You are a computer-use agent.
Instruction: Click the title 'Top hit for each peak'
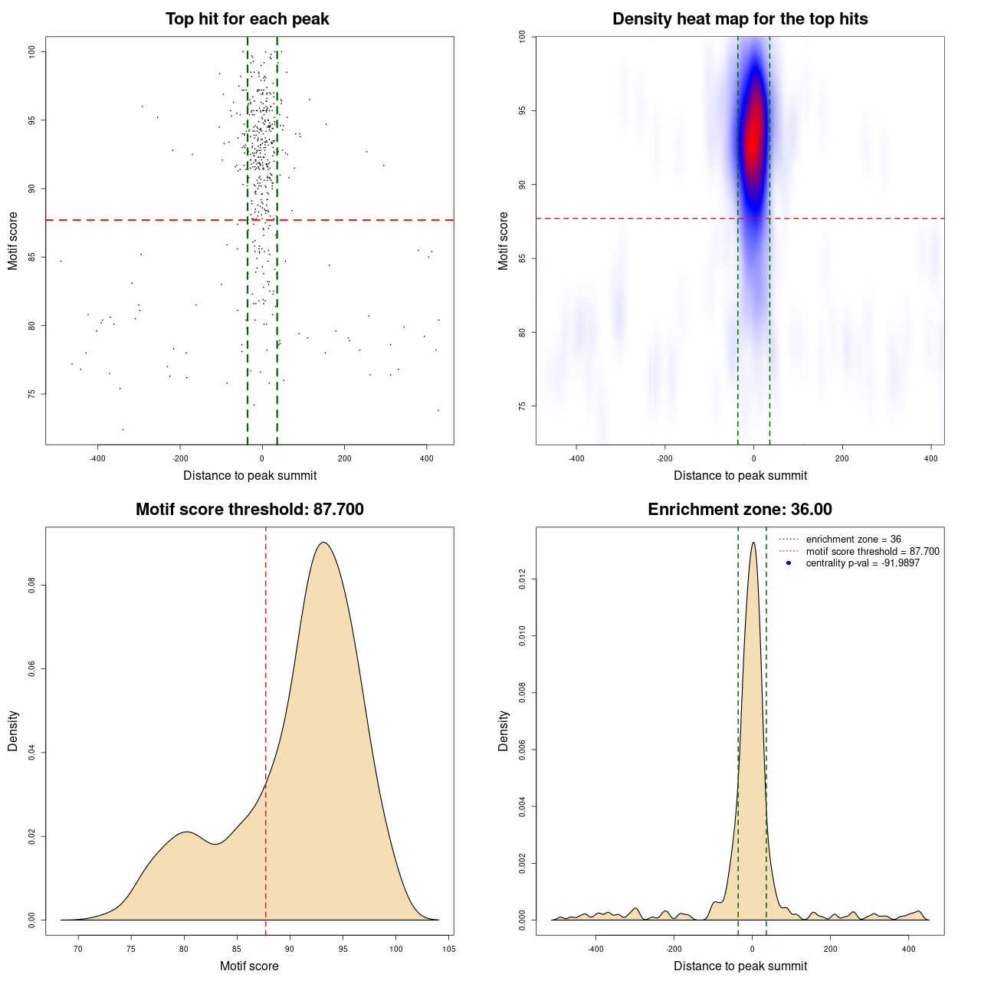(x=247, y=19)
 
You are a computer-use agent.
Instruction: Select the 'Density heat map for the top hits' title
(x=740, y=19)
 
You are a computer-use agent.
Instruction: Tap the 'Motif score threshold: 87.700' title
(x=249, y=510)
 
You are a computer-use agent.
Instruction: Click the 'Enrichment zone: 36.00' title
(x=740, y=510)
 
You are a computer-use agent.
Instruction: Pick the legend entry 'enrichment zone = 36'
(x=853, y=540)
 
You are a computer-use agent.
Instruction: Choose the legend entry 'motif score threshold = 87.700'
(x=872, y=551)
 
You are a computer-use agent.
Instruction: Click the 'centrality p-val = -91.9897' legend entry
(x=862, y=563)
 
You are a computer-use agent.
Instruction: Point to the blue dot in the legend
(x=789, y=563)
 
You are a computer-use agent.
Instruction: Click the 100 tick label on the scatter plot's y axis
(x=32, y=51)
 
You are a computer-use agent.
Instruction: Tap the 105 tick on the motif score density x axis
(x=448, y=949)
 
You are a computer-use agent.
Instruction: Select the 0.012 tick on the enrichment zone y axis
(x=523, y=579)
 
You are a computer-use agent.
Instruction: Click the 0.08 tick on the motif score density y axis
(x=32, y=586)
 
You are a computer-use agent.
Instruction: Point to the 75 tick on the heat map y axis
(x=523, y=406)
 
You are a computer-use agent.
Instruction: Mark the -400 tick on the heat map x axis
(x=576, y=458)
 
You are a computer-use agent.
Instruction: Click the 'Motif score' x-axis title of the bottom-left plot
(x=249, y=966)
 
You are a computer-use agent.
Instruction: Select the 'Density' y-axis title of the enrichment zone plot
(x=504, y=730)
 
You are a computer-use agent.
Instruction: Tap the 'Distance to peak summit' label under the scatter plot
(x=250, y=475)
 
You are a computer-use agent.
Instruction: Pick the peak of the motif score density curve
(x=324, y=543)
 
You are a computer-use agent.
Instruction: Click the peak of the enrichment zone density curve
(x=753, y=543)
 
